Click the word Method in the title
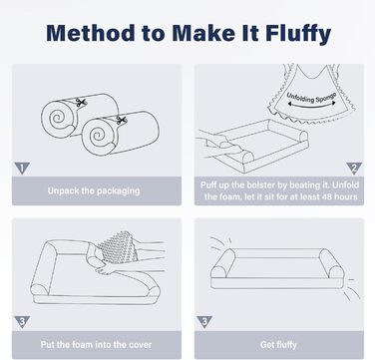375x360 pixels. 91,33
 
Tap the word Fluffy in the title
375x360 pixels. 298,34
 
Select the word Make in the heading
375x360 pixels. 201,33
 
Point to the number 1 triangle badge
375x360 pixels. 22,169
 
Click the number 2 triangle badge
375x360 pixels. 354,169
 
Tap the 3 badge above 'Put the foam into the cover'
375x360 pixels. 22,322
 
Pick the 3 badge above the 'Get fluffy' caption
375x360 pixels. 204,322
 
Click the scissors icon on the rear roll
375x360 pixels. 80,103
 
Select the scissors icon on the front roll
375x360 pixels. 122,121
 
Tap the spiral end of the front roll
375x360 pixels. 97,136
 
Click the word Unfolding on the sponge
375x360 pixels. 300,98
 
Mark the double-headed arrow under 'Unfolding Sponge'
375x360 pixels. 312,106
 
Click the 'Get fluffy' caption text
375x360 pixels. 278,345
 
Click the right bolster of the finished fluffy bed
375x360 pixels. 331,264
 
